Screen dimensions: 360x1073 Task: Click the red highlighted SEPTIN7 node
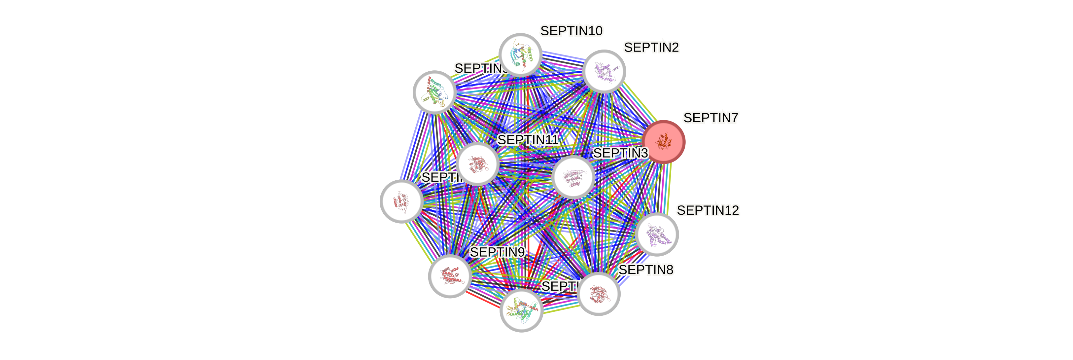(664, 142)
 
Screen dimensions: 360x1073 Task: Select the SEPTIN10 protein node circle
(520, 54)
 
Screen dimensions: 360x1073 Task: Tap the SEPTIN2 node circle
(604, 71)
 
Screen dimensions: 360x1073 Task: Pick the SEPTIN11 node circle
(477, 164)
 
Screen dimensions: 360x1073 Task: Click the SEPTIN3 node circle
(573, 177)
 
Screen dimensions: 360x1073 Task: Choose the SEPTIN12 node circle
(657, 234)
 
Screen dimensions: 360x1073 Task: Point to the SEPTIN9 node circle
(450, 276)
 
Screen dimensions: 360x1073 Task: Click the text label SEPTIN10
(571, 31)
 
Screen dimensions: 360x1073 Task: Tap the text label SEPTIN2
(651, 48)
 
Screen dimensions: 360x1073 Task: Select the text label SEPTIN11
(528, 140)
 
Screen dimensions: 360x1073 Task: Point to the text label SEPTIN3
(620, 153)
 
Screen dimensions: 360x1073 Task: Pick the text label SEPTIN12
(708, 210)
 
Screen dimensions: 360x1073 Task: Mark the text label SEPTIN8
(646, 270)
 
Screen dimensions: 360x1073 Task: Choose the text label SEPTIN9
(497, 252)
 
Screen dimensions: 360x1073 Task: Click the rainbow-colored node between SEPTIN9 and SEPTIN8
(521, 310)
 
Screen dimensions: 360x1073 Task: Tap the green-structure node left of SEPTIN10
(434, 92)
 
